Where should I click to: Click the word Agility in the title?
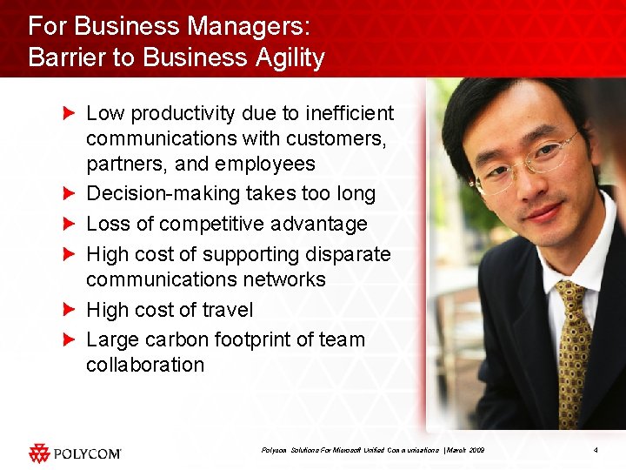tap(283, 58)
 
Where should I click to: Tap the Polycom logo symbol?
tap(39, 453)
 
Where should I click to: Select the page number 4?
tap(595, 450)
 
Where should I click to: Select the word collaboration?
tap(145, 365)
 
